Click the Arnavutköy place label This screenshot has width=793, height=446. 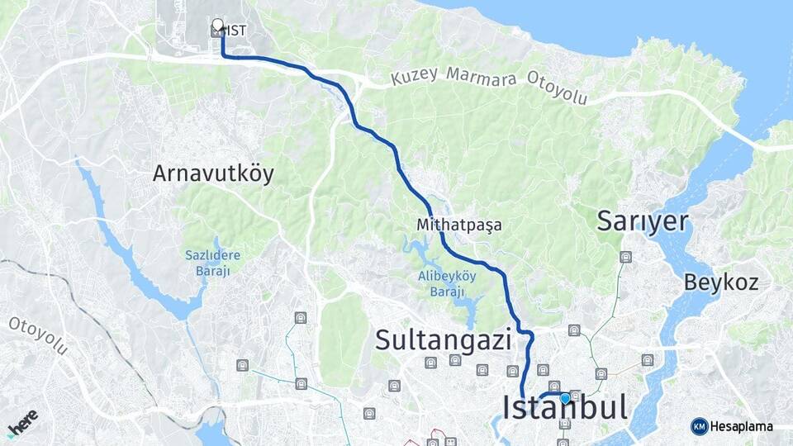(212, 174)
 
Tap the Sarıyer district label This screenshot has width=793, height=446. (642, 221)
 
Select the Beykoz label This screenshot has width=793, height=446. (720, 282)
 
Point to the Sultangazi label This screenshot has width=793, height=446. (444, 339)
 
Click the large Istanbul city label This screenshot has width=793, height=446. (564, 408)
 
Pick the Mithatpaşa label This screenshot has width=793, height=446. (459, 224)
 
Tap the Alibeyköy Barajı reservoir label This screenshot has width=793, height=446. (447, 285)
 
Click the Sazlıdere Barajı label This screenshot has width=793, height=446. (212, 262)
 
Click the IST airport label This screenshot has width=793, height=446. (236, 31)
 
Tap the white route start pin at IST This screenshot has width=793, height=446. (217, 26)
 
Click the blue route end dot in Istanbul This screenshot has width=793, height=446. (565, 398)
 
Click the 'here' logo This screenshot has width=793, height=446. (22, 422)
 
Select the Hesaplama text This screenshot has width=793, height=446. (742, 426)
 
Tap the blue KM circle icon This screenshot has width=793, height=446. (700, 426)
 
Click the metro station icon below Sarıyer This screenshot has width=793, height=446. (626, 257)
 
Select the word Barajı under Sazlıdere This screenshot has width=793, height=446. (213, 269)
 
